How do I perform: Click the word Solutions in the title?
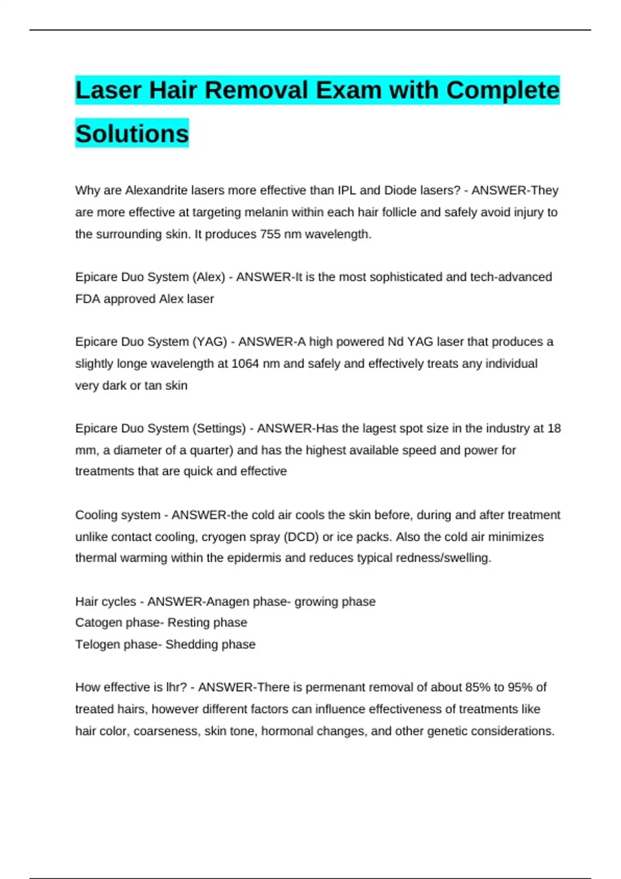[132, 133]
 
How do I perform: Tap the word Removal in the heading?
[256, 90]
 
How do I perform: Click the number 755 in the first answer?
[270, 234]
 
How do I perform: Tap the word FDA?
[87, 299]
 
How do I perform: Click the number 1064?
[245, 363]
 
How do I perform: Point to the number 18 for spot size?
[554, 428]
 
